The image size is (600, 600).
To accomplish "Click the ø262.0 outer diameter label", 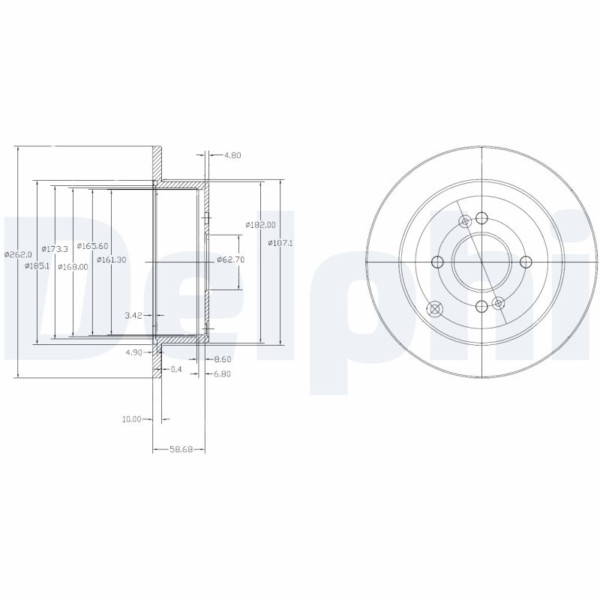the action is (x=18, y=253).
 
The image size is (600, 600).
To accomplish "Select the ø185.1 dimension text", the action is (x=37, y=266).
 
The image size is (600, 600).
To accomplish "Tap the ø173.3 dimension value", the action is (x=55, y=249).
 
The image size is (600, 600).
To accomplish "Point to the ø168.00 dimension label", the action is (x=73, y=267).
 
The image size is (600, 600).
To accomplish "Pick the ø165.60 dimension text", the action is (x=92, y=246).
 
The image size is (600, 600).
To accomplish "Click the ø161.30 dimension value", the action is (x=111, y=259).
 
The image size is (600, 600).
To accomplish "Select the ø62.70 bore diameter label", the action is (x=231, y=259).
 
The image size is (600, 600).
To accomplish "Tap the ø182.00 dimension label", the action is (x=260, y=225).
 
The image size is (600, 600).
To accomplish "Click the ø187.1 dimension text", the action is (x=280, y=242).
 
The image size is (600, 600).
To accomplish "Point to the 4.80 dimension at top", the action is (x=232, y=155).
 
